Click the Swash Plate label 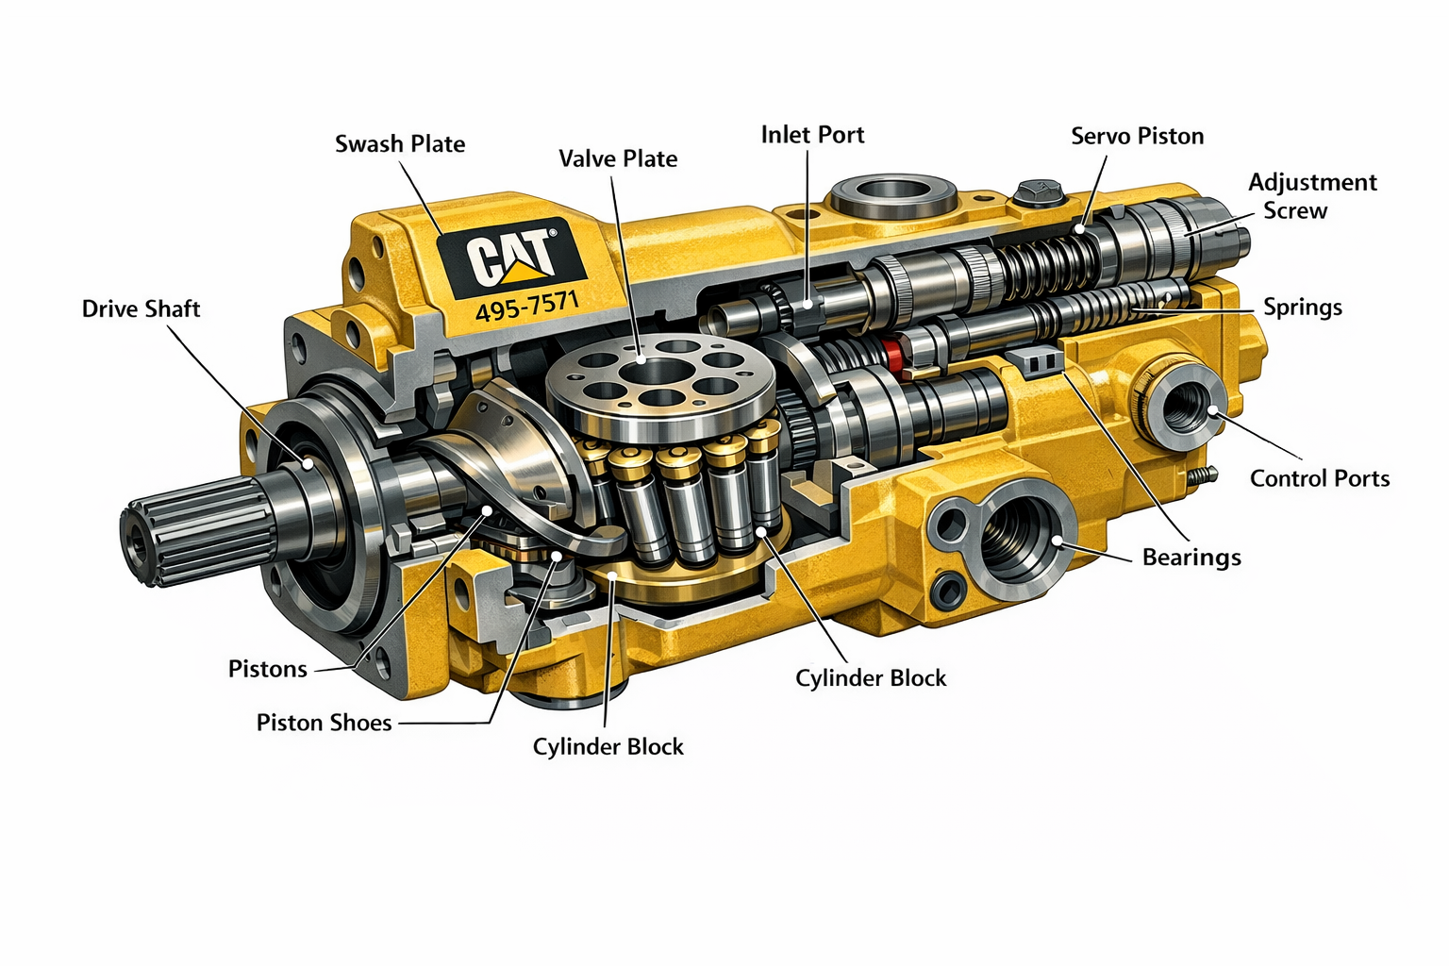click(400, 143)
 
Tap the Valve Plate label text click(618, 158)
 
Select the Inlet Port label click(812, 135)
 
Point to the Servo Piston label click(1137, 136)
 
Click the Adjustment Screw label click(1312, 196)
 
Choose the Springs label click(1303, 308)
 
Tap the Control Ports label click(1320, 478)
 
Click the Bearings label click(1191, 558)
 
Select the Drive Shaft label click(141, 308)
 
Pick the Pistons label click(267, 669)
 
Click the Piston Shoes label click(325, 722)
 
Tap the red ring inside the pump click(895, 357)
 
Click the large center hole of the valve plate click(656, 373)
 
